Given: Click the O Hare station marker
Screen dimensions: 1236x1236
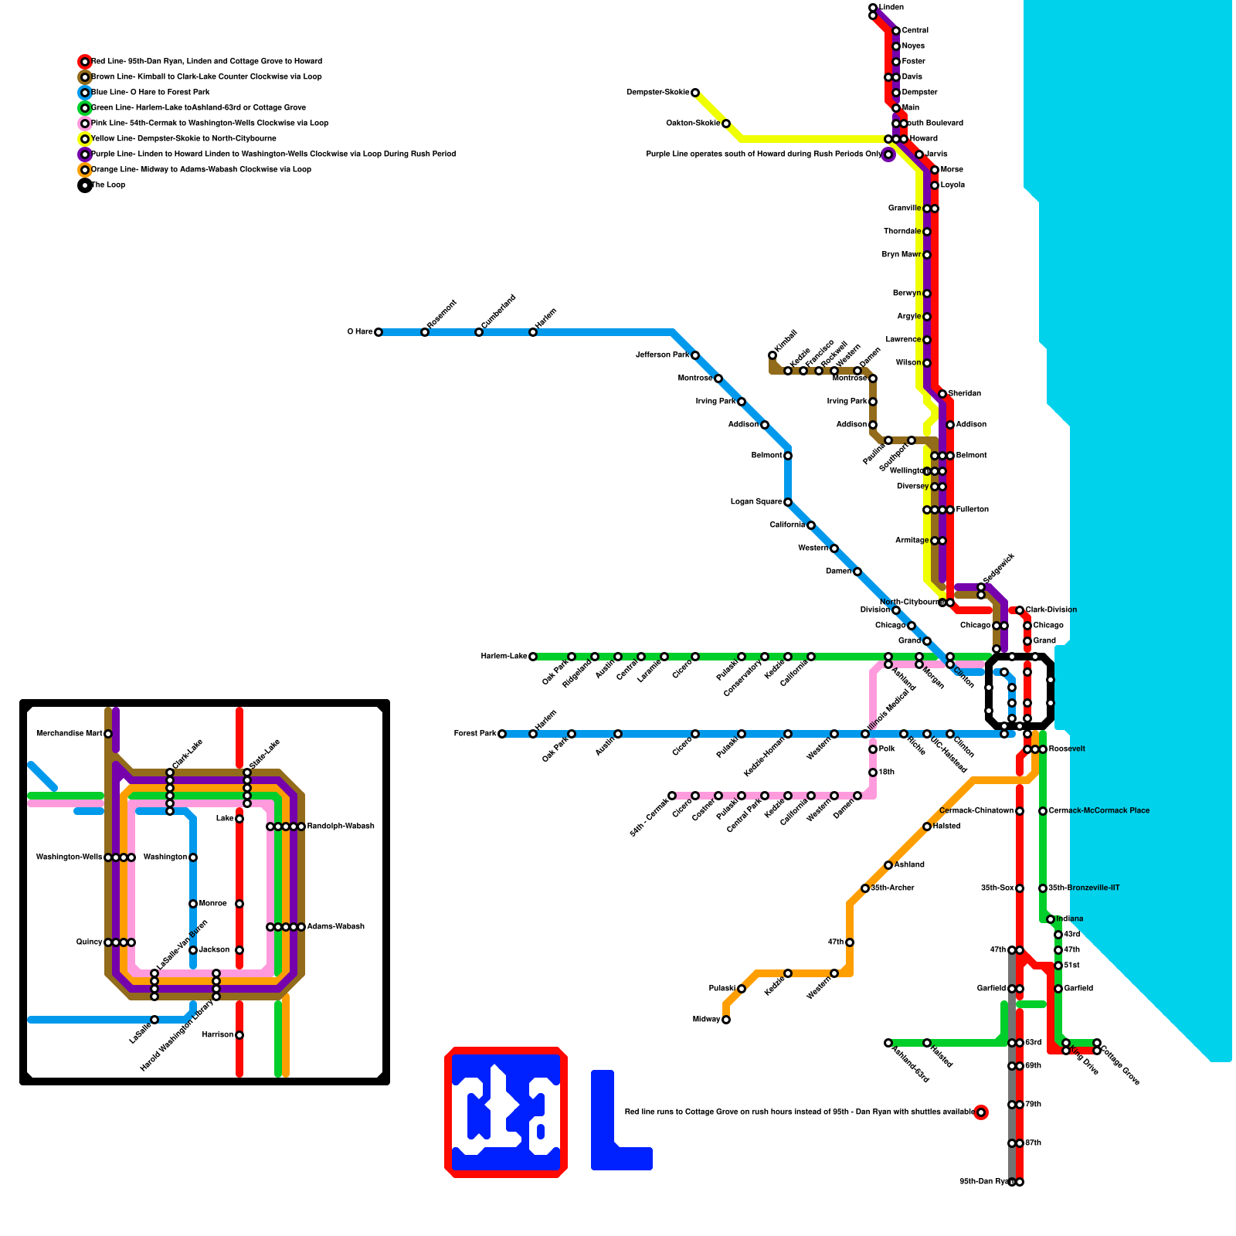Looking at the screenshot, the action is tap(379, 332).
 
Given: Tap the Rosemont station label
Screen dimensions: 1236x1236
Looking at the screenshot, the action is tap(442, 314).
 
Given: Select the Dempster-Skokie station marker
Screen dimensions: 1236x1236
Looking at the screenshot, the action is tap(695, 93).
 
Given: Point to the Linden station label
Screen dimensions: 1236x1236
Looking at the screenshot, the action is tap(891, 8).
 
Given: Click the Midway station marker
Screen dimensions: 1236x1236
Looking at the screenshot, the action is tap(726, 1020).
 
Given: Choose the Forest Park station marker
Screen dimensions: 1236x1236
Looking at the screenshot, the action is tap(502, 734).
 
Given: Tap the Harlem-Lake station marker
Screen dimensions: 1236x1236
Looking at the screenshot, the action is tap(533, 657).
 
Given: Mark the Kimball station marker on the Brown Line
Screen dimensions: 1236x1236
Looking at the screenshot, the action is tap(772, 355).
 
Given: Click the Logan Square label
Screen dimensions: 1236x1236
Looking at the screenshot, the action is tap(756, 502).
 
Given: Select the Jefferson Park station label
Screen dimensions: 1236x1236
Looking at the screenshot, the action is tap(662, 355).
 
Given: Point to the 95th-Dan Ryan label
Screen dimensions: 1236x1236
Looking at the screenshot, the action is tap(983, 1182).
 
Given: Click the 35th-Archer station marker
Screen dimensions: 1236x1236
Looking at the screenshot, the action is tap(865, 888).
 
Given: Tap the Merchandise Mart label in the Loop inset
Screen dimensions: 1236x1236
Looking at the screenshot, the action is tap(70, 734).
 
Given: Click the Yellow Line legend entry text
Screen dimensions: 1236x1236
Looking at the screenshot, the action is tap(184, 139).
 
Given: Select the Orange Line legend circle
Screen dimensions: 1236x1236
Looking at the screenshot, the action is tap(85, 170).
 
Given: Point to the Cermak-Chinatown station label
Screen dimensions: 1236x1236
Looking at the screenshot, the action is tap(976, 811).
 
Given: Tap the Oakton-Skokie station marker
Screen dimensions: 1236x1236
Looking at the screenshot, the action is tap(726, 124).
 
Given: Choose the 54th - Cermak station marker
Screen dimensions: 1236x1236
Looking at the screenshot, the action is tap(672, 796).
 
